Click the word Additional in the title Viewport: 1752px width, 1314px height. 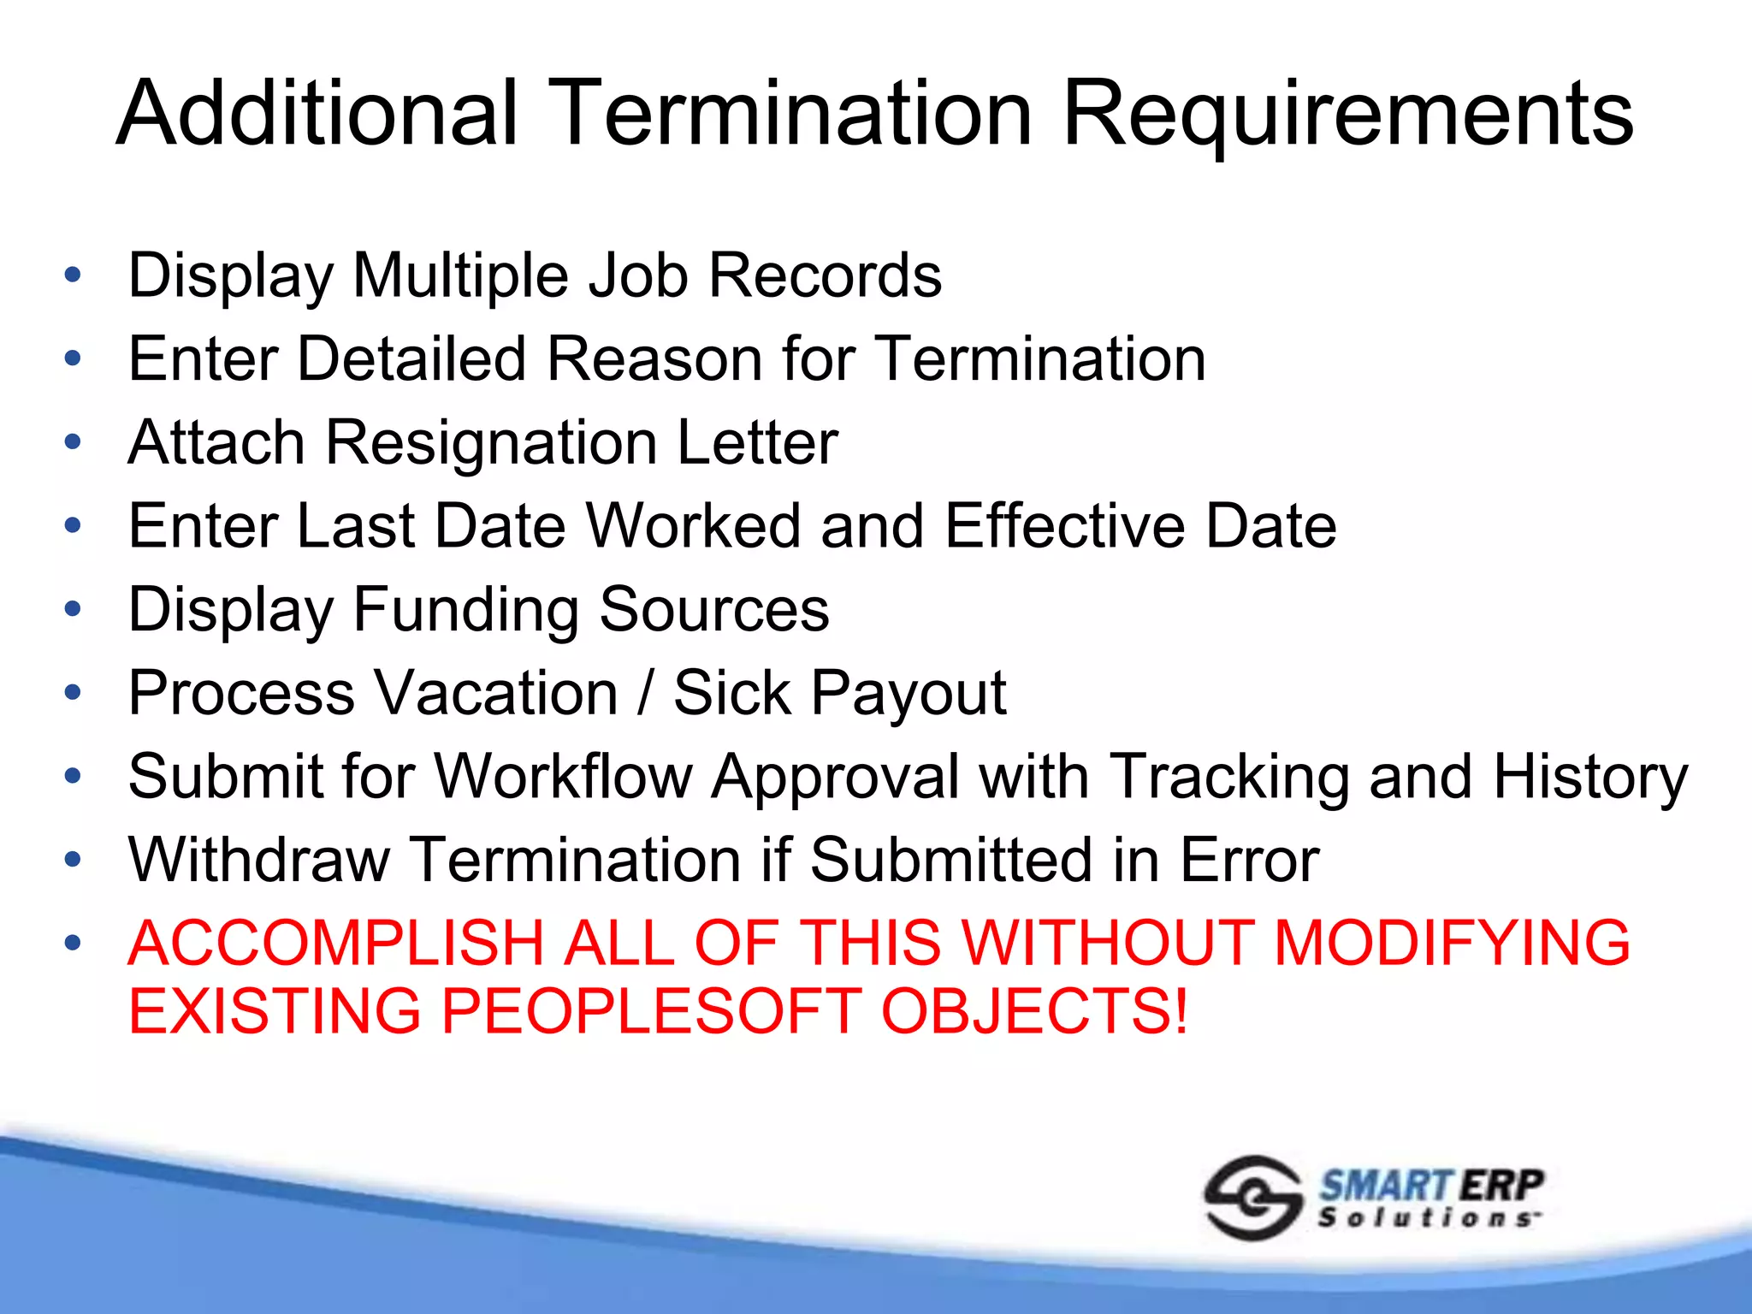(x=317, y=113)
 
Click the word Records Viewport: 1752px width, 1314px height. (x=825, y=275)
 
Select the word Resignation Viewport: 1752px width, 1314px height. (x=492, y=442)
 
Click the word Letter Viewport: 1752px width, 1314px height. (x=757, y=442)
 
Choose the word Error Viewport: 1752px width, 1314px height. (x=1249, y=859)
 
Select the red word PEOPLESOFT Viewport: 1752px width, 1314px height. (x=651, y=1010)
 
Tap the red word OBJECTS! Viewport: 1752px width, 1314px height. (x=1034, y=1010)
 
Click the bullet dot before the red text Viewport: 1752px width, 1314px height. (x=73, y=943)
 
